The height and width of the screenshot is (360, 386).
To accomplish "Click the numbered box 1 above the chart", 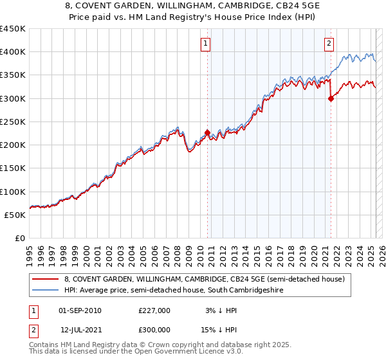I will (x=205, y=44).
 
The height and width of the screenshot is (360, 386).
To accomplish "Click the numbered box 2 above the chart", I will (x=329, y=44).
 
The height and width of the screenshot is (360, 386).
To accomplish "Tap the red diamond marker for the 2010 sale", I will (x=207, y=132).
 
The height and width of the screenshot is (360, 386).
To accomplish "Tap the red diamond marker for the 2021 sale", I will (x=331, y=98).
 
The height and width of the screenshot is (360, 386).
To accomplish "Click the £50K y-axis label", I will (x=15, y=215).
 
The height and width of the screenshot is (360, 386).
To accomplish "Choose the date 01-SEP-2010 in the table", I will (x=80, y=310).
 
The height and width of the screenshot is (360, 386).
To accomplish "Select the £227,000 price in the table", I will (x=154, y=310).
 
